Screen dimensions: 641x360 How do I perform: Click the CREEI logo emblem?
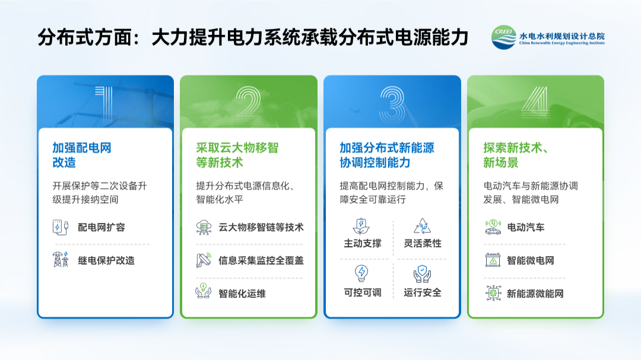pyautogui.click(x=504, y=37)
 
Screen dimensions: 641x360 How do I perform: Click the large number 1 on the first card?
pyautogui.click(x=104, y=104)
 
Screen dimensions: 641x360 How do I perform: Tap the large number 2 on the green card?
pyautogui.click(x=248, y=104)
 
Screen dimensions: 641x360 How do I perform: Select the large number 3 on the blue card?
pyautogui.click(x=392, y=104)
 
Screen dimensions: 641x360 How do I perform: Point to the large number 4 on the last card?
pyautogui.click(x=535, y=104)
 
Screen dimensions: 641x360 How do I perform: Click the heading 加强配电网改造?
pyautogui.click(x=82, y=155)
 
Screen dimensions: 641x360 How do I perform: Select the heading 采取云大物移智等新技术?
pyautogui.click(x=237, y=155)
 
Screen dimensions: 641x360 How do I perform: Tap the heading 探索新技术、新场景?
pyautogui.click(x=516, y=155)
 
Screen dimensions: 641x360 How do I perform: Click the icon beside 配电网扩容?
pyautogui.click(x=61, y=227)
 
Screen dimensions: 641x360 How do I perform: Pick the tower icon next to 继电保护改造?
pyautogui.click(x=61, y=260)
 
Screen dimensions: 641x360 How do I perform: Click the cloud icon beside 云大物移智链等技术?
pyautogui.click(x=204, y=227)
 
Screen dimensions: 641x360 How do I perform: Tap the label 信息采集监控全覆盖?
pyautogui.click(x=261, y=260)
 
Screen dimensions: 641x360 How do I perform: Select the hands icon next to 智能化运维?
pyautogui.click(x=204, y=291)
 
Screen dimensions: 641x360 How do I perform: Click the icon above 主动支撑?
pyautogui.click(x=361, y=226)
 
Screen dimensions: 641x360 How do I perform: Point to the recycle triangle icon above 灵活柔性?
pyautogui.click(x=423, y=226)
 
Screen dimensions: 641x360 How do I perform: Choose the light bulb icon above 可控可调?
pyautogui.click(x=361, y=273)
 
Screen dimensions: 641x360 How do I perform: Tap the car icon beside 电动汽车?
pyautogui.click(x=493, y=227)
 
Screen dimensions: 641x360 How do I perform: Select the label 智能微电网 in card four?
pyautogui.click(x=531, y=260)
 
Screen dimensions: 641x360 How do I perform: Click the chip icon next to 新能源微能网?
pyautogui.click(x=493, y=293)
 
